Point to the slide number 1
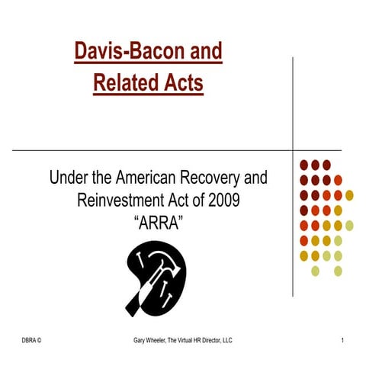(x=344, y=339)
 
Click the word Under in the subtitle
(x=69, y=180)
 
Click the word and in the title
(x=207, y=52)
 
